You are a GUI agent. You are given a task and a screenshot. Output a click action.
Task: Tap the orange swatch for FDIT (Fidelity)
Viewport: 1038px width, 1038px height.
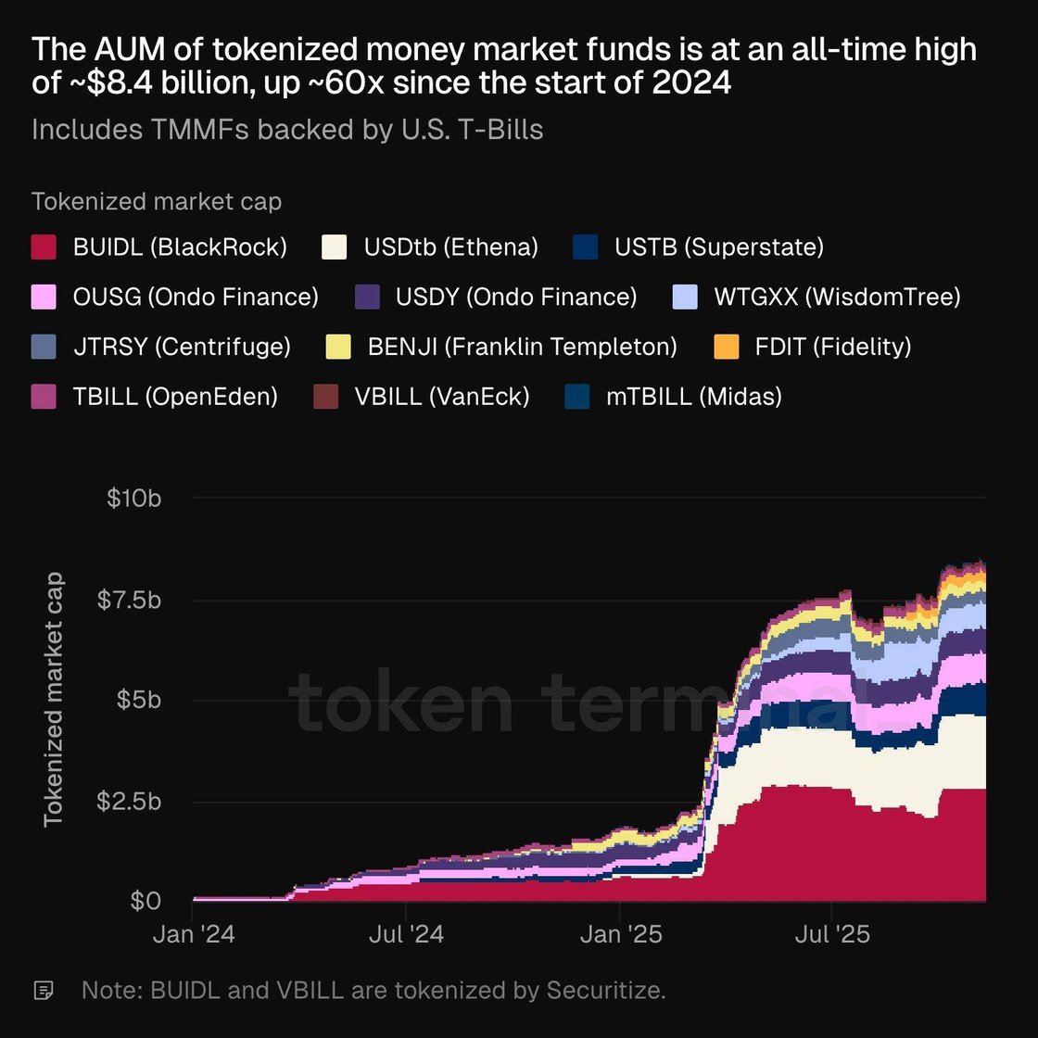[727, 348]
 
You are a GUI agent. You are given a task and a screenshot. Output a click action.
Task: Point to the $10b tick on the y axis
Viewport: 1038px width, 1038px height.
[134, 499]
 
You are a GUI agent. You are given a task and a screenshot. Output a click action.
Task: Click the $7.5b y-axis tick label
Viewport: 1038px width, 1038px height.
[129, 600]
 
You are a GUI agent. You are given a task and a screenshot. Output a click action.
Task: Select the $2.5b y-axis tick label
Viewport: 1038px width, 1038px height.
[129, 801]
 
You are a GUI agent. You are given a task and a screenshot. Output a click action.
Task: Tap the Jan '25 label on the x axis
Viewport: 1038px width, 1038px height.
[621, 934]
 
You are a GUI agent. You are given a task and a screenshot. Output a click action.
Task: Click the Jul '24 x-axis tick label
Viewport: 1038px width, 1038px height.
[406, 934]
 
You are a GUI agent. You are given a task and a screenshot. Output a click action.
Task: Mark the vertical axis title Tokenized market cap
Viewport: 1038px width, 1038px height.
[53, 699]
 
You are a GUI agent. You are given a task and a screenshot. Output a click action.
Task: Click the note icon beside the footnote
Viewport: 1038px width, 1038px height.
[43, 991]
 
